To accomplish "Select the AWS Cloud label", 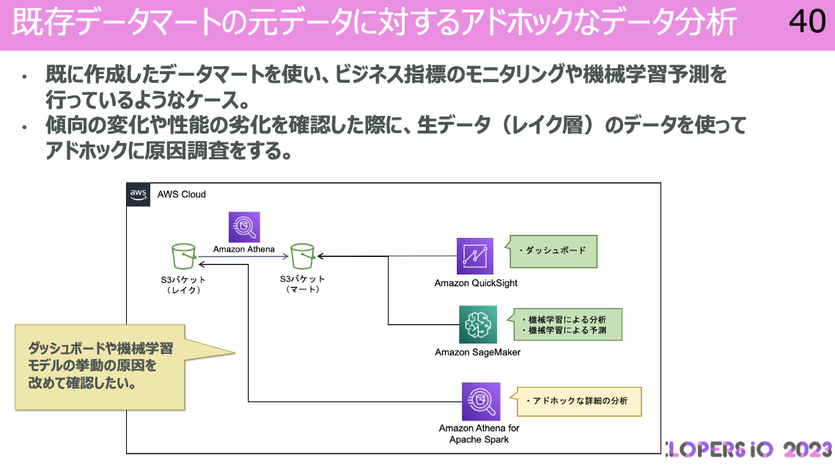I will click(x=182, y=195).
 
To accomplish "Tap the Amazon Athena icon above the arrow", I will click(x=244, y=227).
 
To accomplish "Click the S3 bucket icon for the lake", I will click(x=183, y=257).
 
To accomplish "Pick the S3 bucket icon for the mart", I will click(x=303, y=257).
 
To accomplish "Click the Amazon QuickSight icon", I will click(x=474, y=256).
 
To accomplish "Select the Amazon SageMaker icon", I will click(x=477, y=324).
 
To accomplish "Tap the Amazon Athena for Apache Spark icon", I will click(x=481, y=402).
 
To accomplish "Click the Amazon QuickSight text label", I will click(x=476, y=283).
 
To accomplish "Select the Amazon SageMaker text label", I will click(x=477, y=352).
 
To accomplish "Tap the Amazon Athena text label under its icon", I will click(x=244, y=249).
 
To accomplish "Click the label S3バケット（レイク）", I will click(x=183, y=285).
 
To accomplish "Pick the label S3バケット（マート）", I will click(x=303, y=285).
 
